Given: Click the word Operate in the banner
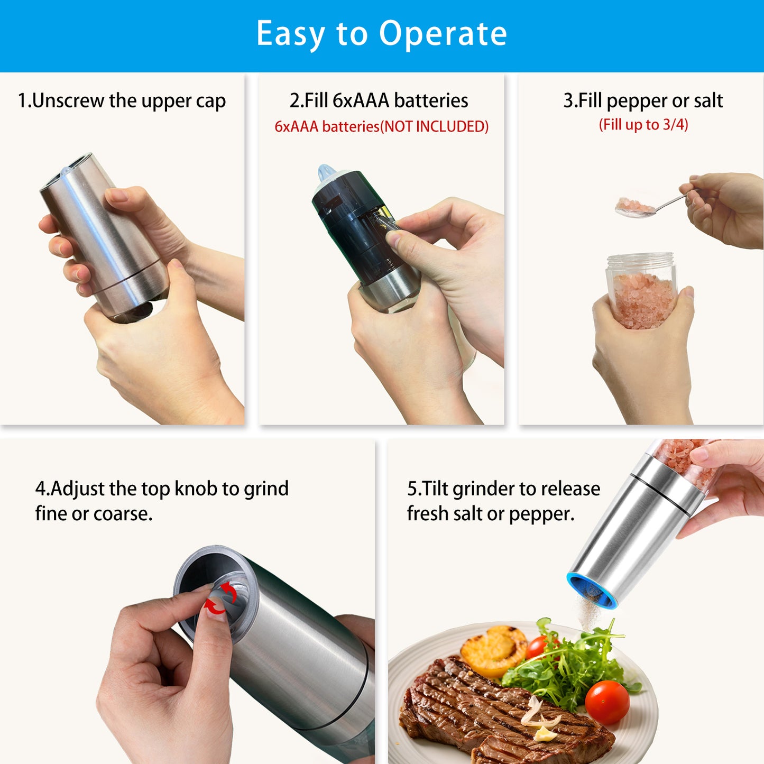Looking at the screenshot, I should tap(443, 34).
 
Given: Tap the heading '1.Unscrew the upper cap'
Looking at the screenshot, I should tap(122, 100).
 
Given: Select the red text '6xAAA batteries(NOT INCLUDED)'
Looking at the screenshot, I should tap(381, 127).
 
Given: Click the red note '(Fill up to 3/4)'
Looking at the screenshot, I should tap(643, 125).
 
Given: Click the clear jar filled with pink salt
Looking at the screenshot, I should tap(642, 291).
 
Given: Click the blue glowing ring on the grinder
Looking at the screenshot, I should tap(591, 590).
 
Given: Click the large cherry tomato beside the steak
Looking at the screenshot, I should tap(607, 702).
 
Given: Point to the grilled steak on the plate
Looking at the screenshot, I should tap(476, 708).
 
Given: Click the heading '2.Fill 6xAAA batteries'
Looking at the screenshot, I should tap(379, 100).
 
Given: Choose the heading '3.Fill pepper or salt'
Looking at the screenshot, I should tap(642, 100).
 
